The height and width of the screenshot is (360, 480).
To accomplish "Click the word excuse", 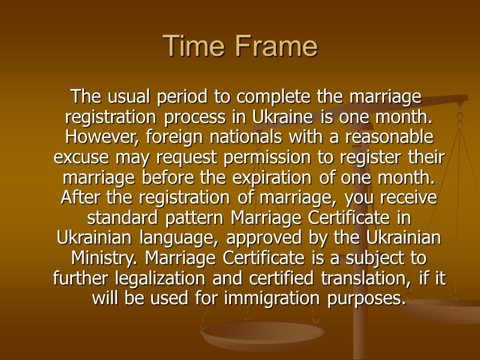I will pos(81,157).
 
